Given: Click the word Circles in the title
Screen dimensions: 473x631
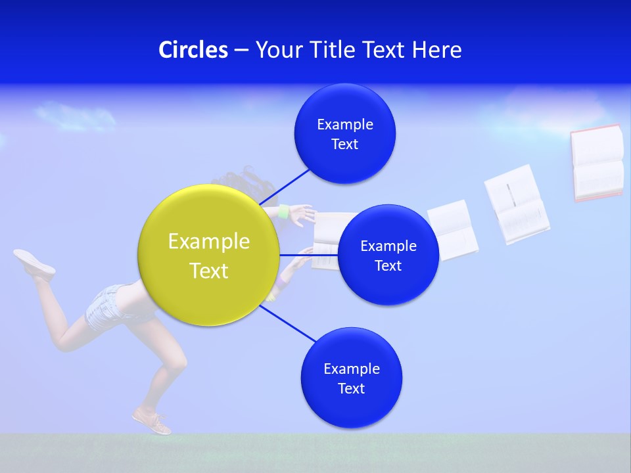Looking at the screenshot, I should click(x=193, y=50).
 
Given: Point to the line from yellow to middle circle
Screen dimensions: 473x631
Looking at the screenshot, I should click(x=309, y=255).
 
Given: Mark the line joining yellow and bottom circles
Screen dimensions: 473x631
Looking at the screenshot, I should click(x=287, y=323).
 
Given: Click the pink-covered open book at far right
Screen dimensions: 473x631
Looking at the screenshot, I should click(x=597, y=162).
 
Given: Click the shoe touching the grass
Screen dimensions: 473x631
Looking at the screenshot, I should click(x=152, y=421).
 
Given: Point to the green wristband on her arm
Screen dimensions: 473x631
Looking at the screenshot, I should click(x=283, y=212).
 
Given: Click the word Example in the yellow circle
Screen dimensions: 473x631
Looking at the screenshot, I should click(x=209, y=242).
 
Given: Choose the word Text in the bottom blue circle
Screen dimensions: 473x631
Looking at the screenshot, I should click(x=351, y=388).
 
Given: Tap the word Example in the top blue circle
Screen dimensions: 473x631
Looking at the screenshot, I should click(x=345, y=125).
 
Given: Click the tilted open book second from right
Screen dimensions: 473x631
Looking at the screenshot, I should click(x=517, y=204).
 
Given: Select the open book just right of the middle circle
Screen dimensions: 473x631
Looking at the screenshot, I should click(x=454, y=230).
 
